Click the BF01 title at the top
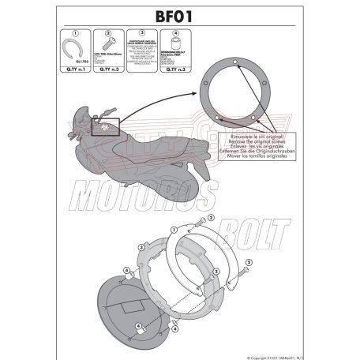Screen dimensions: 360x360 click(x=179, y=13)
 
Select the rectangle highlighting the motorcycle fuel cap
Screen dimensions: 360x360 click(x=105, y=126)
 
